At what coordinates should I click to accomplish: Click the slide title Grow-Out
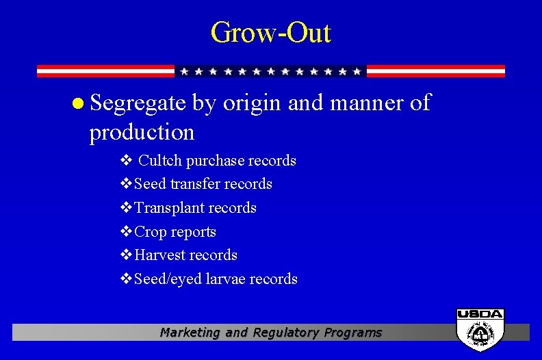(270, 32)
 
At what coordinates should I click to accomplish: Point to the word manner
(363, 103)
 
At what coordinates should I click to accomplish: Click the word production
(142, 131)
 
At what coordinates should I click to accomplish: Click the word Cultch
(160, 161)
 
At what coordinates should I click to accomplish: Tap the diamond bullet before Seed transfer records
(126, 184)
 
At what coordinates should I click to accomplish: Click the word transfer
(194, 184)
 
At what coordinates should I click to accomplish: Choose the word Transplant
(169, 208)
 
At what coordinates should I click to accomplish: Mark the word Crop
(150, 232)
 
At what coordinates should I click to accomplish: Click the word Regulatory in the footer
(286, 333)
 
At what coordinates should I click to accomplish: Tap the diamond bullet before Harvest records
(126, 255)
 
